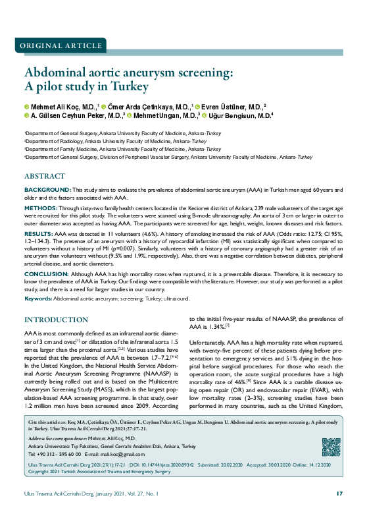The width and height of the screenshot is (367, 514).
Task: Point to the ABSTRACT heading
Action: [x=45, y=177]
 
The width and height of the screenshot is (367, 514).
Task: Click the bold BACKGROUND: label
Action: [x=44, y=190]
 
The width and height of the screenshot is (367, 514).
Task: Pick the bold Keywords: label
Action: [x=38, y=298]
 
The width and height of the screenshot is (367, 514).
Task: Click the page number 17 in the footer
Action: [x=339, y=494]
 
